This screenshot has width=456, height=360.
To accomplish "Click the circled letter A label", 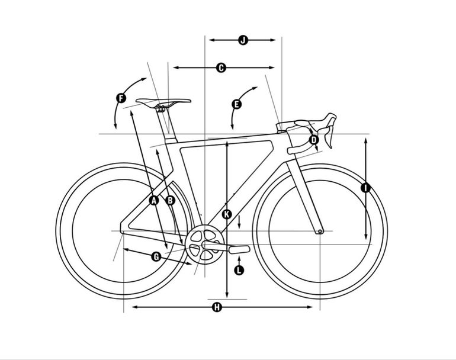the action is click(154, 200).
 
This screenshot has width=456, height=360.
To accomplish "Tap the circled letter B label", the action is click(170, 200).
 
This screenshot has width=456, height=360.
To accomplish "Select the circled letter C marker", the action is click(221, 67).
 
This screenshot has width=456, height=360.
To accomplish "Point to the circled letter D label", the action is click(314, 140).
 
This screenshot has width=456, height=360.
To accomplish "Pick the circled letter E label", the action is click(237, 104).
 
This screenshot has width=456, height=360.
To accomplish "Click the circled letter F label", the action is click(121, 98).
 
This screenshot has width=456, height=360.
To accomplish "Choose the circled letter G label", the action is click(156, 257).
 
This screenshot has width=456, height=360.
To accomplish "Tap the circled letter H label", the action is click(217, 307).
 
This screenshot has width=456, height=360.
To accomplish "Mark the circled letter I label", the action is click(365, 188).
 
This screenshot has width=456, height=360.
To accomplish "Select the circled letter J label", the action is click(243, 40).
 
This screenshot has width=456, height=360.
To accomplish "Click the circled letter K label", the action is click(227, 214).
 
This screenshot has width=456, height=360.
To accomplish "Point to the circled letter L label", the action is click(239, 270).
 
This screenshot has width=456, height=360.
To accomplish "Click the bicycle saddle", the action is click(163, 102).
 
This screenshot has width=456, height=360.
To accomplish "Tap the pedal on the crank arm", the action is click(239, 249).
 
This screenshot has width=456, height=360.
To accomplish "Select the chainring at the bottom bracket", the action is click(205, 245).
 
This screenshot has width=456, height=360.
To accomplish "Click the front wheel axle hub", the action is click(320, 232).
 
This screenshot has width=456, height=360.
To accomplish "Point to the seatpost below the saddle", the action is click(166, 124).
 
